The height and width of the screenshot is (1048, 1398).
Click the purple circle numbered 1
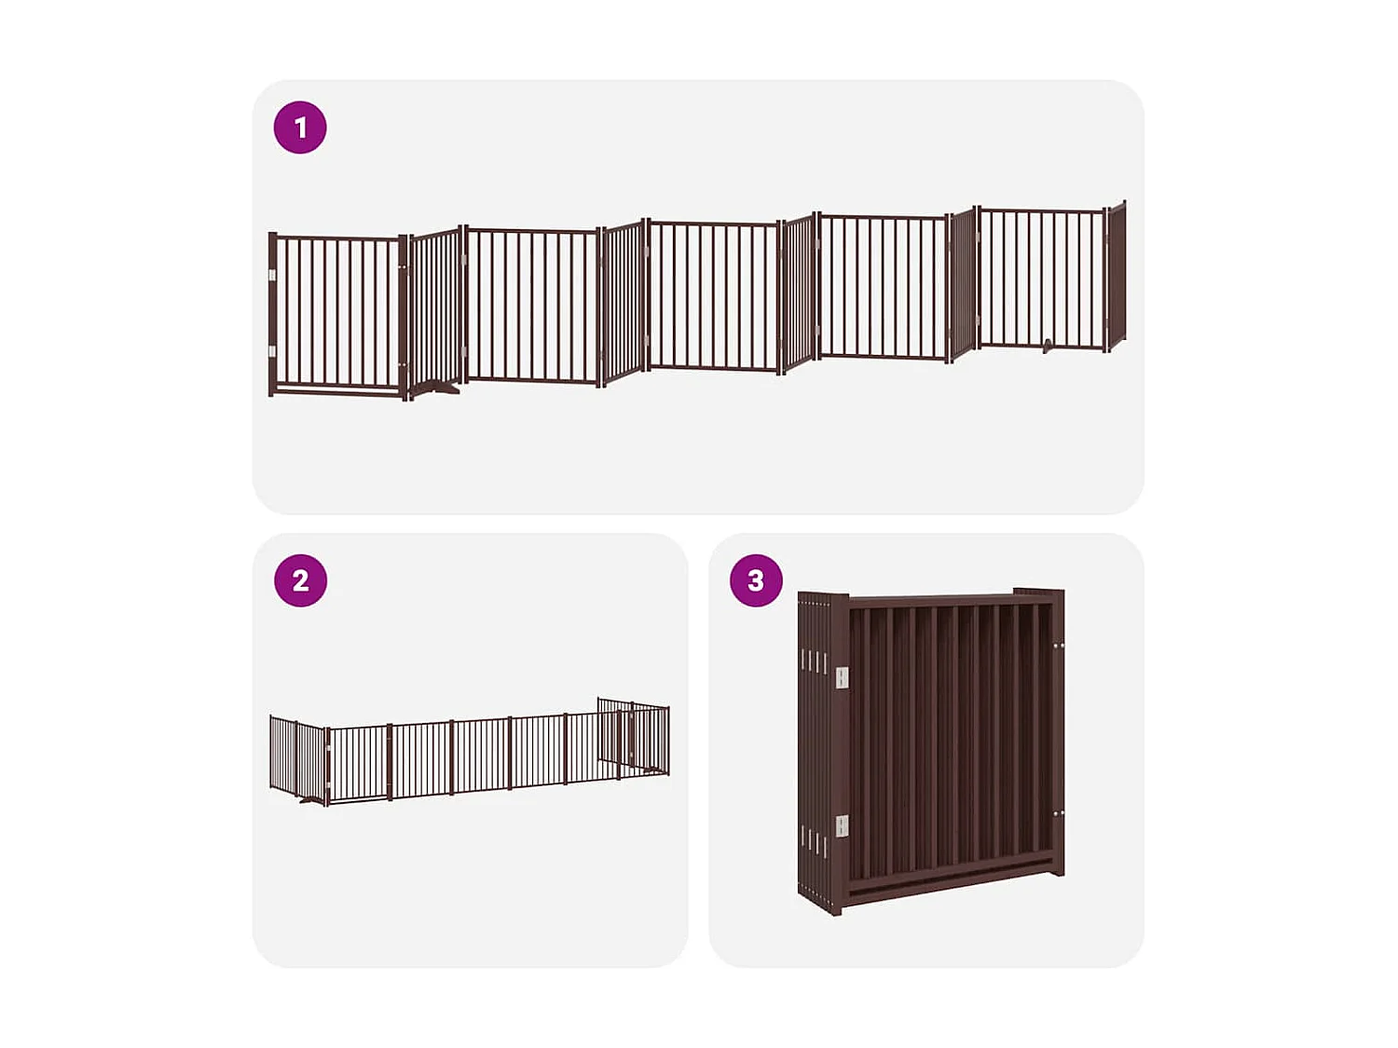[x=300, y=128]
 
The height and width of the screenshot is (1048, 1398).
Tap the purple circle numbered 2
[x=300, y=580]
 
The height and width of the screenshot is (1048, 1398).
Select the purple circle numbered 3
[x=756, y=580]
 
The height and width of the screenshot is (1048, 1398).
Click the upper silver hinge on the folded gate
[x=842, y=677]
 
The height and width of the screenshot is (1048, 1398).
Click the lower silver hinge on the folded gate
[x=842, y=825]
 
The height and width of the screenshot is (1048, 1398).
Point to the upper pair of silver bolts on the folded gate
[x=1059, y=645]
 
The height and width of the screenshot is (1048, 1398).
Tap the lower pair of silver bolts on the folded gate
[x=1059, y=814]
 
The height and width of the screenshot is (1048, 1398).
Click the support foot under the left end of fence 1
[x=436, y=389]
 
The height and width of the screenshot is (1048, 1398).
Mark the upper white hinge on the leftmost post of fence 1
[x=272, y=275]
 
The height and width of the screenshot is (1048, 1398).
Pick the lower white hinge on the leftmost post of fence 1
[x=272, y=351]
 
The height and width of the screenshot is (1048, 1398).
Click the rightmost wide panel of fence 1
[x=1041, y=279]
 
